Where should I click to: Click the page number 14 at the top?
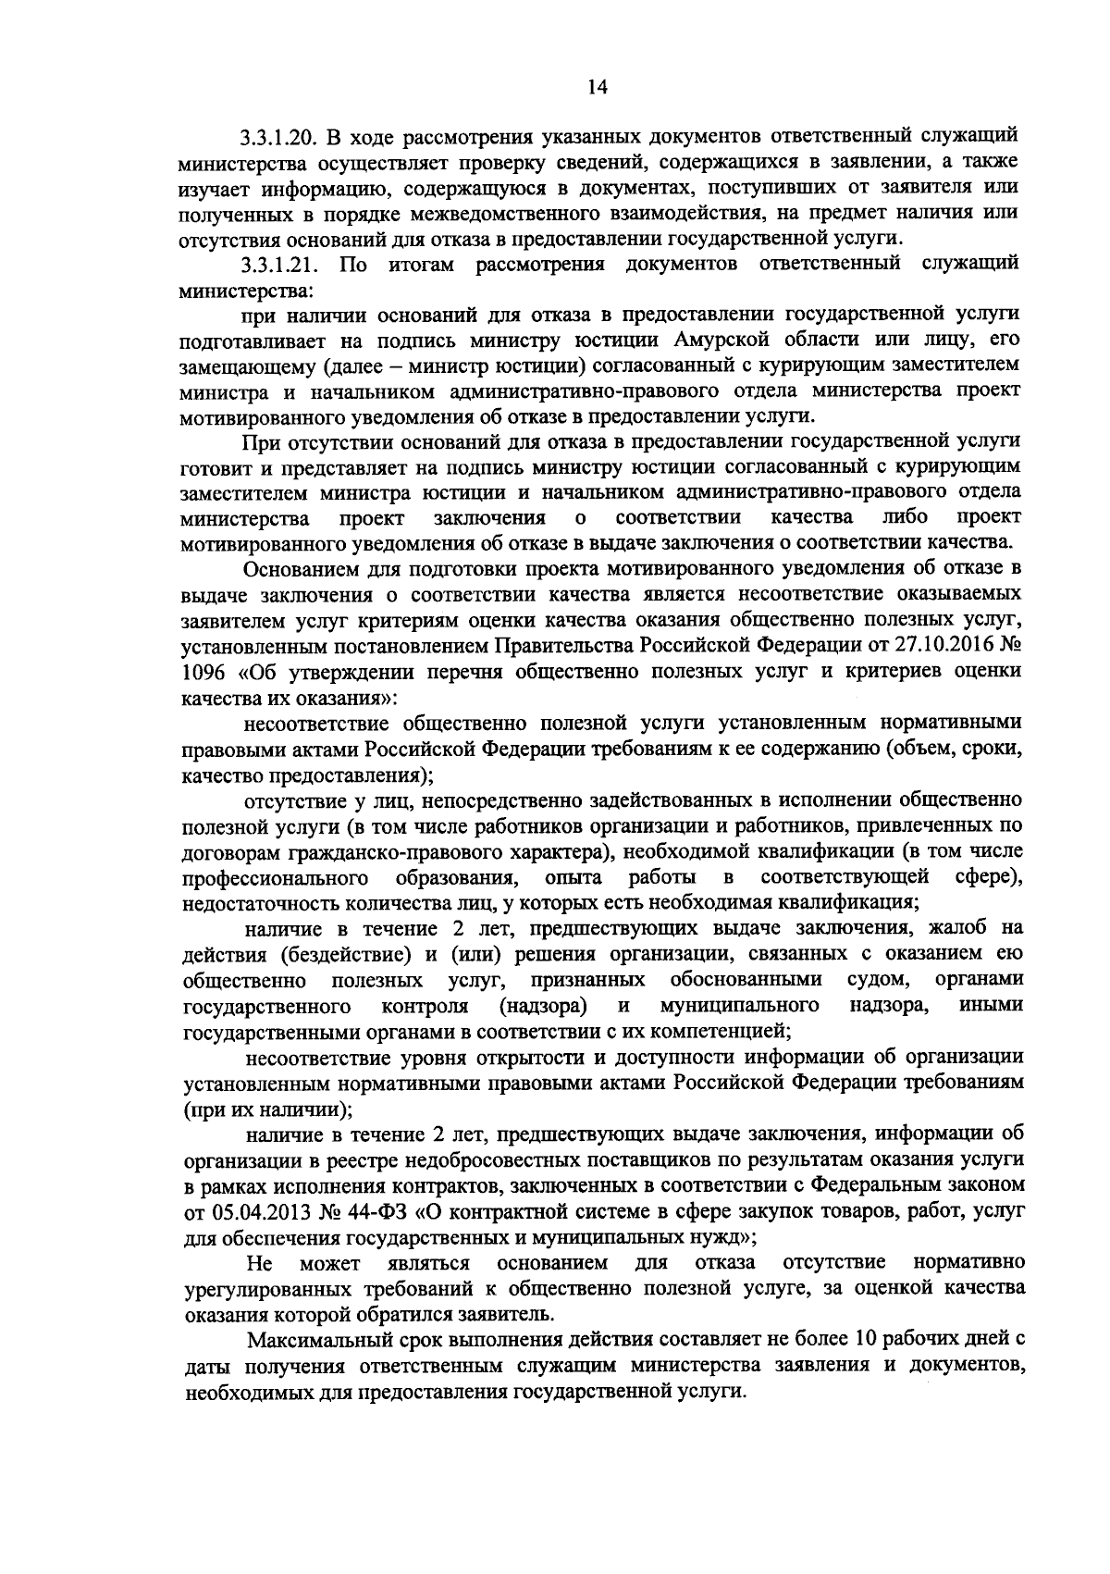pos(597,87)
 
